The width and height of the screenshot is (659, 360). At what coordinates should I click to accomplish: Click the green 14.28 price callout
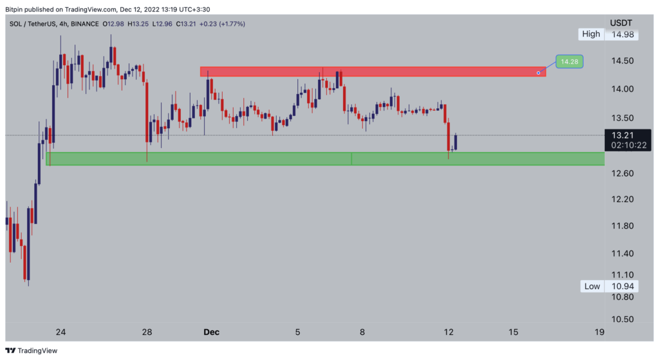(569, 62)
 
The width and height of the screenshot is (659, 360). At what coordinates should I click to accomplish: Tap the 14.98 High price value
(622, 34)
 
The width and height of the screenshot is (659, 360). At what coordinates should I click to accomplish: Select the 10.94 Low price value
(622, 286)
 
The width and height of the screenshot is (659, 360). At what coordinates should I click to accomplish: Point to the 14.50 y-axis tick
(622, 61)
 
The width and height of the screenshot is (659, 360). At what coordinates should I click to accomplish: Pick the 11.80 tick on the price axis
(622, 225)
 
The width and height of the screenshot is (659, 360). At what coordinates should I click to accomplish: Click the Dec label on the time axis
(211, 332)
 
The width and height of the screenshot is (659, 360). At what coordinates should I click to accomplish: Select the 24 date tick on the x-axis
(60, 332)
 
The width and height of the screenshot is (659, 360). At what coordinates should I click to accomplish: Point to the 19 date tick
(600, 332)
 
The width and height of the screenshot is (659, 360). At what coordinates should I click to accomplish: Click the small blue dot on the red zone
(538, 73)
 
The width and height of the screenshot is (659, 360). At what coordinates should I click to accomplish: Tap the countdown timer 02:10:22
(628, 146)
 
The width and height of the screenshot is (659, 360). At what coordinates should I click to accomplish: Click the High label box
(591, 34)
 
